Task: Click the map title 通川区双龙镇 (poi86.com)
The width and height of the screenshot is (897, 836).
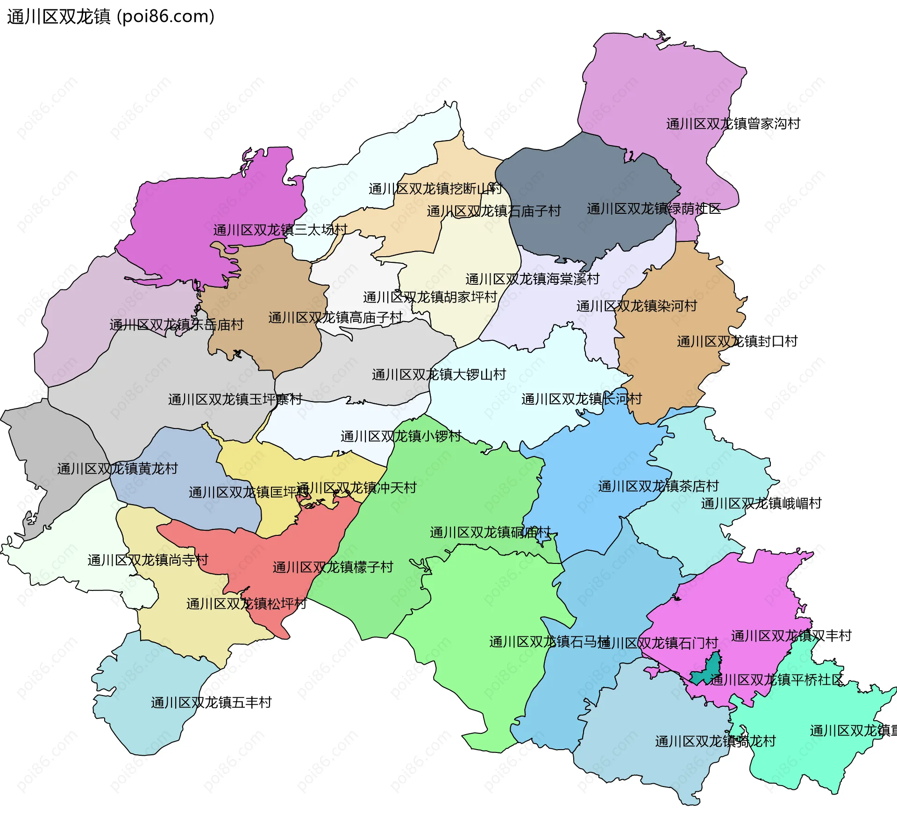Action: (111, 17)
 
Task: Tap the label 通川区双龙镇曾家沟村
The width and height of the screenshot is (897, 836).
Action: (733, 124)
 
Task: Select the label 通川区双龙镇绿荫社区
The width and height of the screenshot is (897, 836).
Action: (654, 209)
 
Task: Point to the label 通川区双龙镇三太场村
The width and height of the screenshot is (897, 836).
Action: (280, 230)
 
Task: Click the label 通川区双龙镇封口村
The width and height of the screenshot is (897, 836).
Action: (737, 341)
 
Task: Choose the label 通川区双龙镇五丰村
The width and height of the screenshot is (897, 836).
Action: (211, 702)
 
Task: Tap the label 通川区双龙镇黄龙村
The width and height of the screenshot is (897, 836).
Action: (118, 468)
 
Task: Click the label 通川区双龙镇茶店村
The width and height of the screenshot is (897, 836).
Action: (658, 486)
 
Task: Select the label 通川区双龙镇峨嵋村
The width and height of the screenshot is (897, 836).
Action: (761, 503)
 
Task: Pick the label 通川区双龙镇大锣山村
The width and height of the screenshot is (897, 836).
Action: (439, 374)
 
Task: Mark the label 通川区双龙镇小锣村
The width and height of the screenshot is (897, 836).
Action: (401, 436)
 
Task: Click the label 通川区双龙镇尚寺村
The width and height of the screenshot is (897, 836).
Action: (148, 560)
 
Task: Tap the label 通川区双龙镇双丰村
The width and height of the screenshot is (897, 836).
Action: (791, 635)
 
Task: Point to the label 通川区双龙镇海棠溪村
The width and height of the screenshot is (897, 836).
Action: (533, 279)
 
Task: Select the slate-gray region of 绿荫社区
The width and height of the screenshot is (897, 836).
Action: (584, 177)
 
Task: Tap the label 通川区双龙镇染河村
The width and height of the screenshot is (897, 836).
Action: (637, 306)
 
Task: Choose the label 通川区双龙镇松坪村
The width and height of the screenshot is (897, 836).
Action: (246, 604)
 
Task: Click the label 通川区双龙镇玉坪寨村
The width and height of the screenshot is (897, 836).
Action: (235, 399)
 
